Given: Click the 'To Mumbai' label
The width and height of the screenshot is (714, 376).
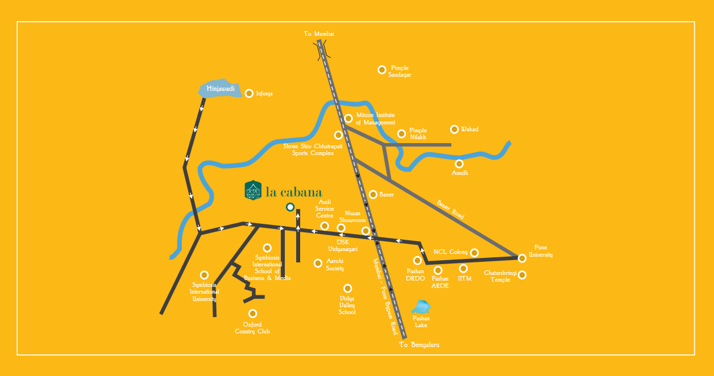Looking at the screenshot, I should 319,34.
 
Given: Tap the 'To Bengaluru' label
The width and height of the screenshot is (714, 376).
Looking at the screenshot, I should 419,345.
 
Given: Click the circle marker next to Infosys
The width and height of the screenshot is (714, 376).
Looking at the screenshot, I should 249,93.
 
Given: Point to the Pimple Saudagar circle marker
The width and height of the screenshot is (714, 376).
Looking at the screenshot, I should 382,70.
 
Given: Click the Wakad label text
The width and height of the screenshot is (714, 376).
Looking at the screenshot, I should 470,129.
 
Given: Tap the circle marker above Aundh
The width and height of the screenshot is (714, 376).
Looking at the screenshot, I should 459,164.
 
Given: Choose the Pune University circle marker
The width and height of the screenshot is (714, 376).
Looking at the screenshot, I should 522,258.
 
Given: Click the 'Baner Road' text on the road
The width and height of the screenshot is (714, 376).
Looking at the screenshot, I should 451,209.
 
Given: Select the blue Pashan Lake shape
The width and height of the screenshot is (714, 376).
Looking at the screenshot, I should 421,307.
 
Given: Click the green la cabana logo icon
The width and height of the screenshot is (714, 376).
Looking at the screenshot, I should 253,191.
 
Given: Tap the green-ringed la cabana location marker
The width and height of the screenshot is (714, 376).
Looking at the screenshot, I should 290,207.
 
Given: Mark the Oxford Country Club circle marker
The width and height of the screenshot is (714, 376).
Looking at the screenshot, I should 253,314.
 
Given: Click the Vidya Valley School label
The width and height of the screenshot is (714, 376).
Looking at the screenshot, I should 347,305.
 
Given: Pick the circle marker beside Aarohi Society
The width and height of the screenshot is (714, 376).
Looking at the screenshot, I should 318,263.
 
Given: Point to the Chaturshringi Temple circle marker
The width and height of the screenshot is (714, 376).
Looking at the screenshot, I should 522,275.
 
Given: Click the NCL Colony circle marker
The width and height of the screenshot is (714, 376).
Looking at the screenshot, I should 474,253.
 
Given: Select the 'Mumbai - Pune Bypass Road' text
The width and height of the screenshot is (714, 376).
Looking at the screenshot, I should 385,296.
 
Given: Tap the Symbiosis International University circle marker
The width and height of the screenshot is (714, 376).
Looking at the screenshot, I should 204,275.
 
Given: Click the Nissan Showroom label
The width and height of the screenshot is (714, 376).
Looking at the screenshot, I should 352,216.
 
